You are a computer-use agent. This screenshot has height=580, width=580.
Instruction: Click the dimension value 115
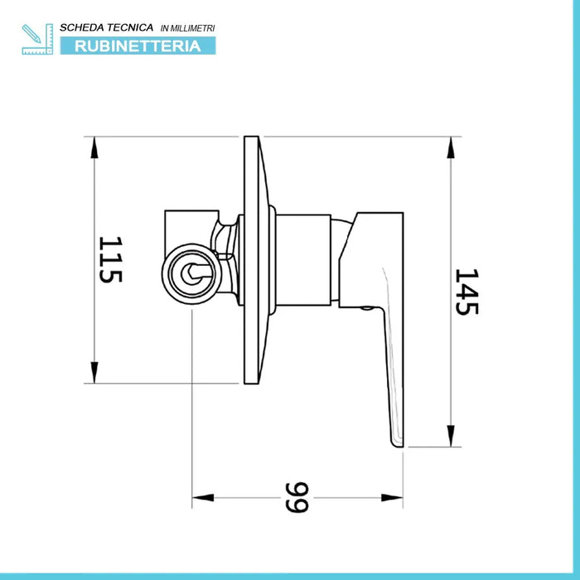click(x=110, y=259)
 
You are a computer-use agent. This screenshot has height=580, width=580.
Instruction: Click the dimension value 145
click(x=466, y=292)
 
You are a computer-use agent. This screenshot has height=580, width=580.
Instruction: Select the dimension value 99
click(x=297, y=497)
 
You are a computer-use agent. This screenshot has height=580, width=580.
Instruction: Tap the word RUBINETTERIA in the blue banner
click(x=138, y=46)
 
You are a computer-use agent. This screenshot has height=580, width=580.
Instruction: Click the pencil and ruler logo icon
click(x=37, y=39)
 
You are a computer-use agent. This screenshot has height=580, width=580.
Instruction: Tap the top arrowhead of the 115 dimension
click(x=94, y=147)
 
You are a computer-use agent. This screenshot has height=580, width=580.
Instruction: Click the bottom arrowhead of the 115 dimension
click(x=94, y=373)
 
